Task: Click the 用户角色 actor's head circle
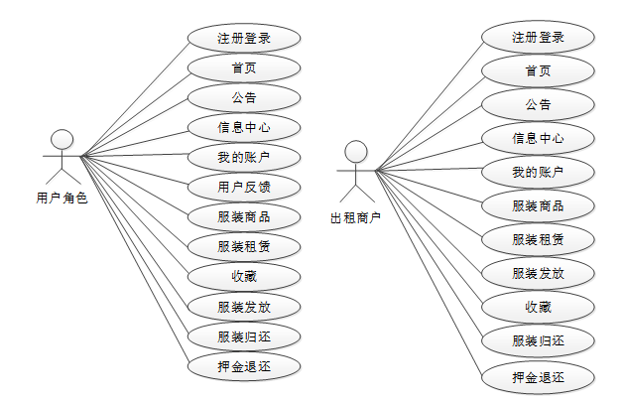[62, 138]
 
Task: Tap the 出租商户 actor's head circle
[356, 151]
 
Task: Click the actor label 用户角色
[62, 198]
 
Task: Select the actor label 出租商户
[355, 217]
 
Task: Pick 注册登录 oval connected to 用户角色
[244, 39]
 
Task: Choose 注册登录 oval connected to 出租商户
[539, 38]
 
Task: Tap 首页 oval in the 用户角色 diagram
[244, 68]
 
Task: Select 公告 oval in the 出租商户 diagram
[539, 104]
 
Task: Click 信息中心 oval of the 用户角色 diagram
[244, 127]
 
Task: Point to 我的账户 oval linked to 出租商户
[539, 172]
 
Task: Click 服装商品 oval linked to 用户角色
[244, 216]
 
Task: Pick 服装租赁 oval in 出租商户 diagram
[539, 239]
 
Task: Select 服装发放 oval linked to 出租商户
[539, 273]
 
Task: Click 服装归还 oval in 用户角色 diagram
[244, 335]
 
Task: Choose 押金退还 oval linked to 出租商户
[539, 377]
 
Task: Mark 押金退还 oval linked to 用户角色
[244, 365]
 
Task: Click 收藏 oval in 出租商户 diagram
[539, 307]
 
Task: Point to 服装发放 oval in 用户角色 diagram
[244, 306]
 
